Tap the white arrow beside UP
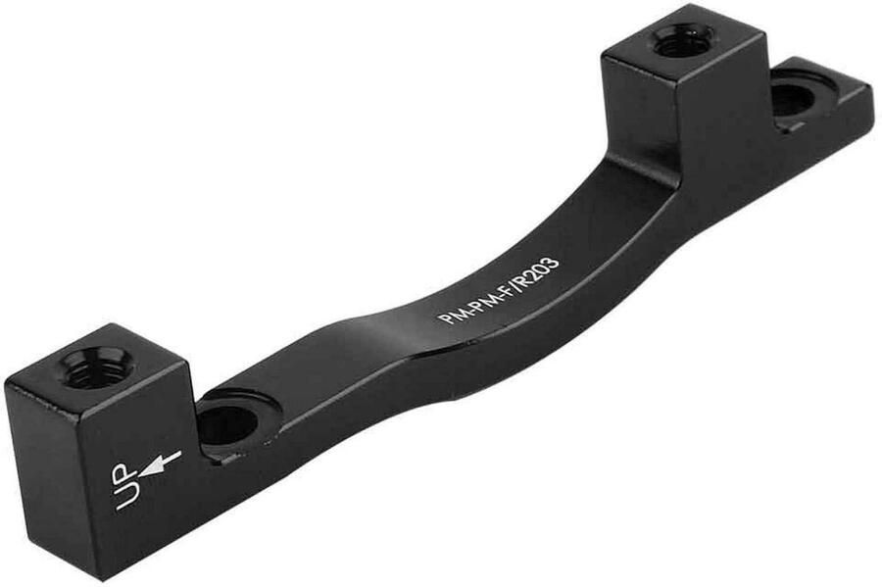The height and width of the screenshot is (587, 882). (x=159, y=463)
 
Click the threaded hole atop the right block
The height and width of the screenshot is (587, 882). (x=683, y=41)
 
